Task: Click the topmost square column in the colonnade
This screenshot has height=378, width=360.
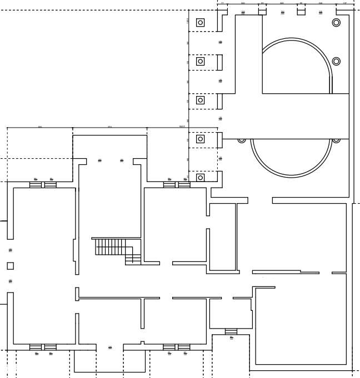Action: (201, 23)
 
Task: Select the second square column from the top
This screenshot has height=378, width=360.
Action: (201, 62)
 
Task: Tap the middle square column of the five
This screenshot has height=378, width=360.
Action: (201, 100)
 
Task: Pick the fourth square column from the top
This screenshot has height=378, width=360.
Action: (201, 139)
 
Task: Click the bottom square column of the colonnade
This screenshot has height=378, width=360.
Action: (201, 178)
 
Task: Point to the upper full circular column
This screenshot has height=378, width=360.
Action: (336, 23)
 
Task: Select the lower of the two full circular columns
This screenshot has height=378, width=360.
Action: (336, 61)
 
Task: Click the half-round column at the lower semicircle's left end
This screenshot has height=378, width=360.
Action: (242, 140)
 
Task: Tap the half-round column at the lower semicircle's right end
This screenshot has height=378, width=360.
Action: (336, 140)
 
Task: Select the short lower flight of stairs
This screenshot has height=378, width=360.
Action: (133, 259)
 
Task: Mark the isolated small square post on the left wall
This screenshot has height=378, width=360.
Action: (10, 266)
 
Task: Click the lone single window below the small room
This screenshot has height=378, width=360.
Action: (231, 332)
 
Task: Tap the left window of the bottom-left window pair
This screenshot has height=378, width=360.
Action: (36, 347)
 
